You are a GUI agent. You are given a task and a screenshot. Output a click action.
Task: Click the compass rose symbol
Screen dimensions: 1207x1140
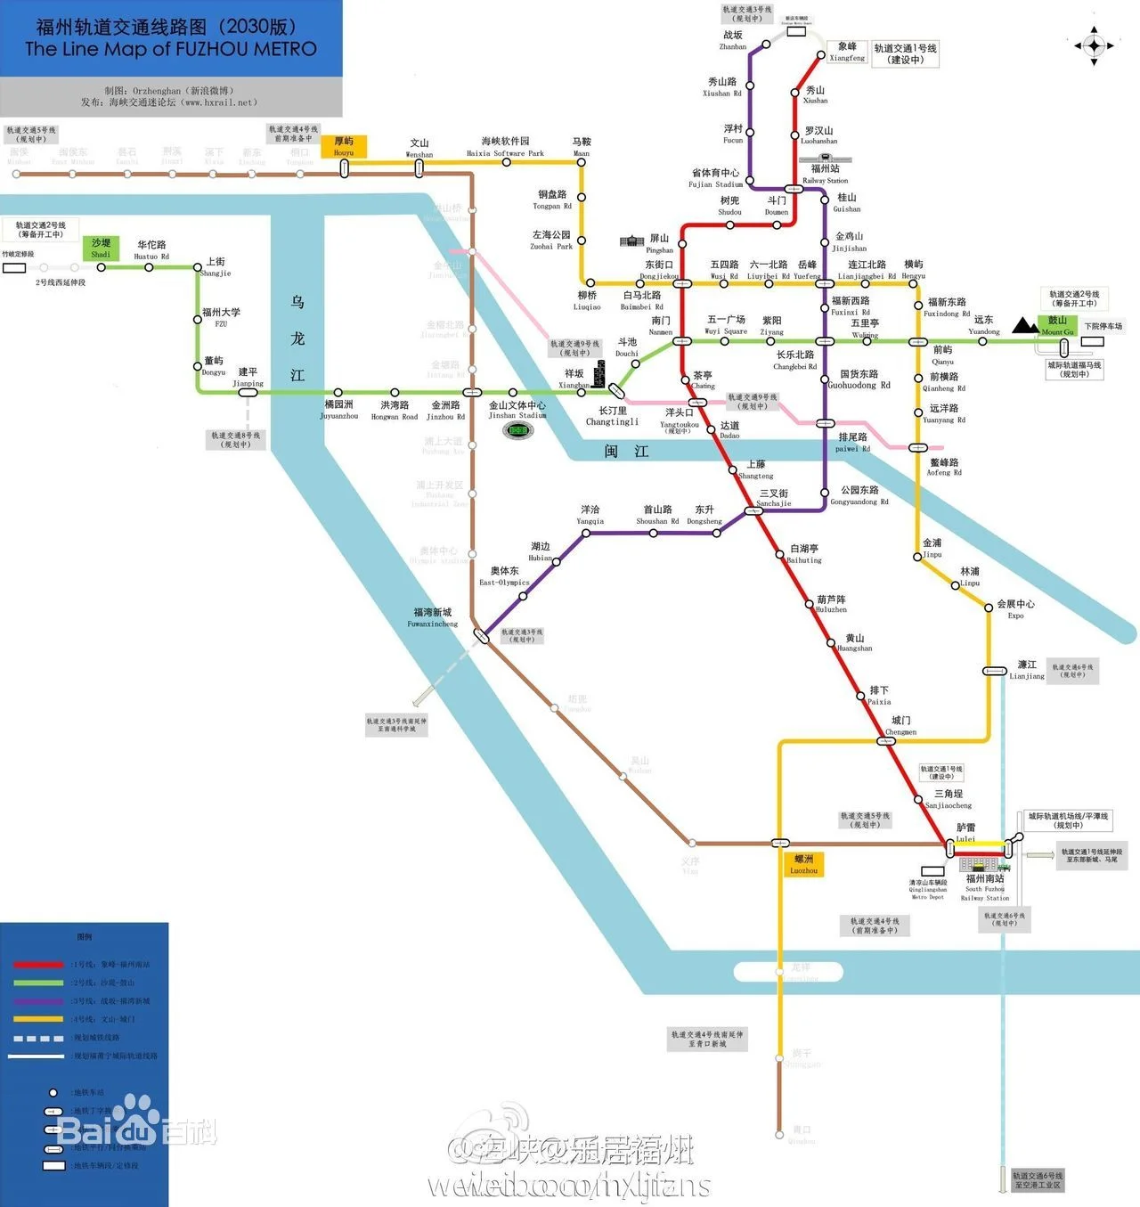point(1095,45)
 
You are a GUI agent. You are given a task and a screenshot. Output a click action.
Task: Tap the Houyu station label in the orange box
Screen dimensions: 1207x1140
point(344,146)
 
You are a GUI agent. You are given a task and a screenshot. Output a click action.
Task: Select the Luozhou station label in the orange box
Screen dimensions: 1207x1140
point(803,864)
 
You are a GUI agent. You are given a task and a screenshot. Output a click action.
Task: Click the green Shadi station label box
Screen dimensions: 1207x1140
point(101,248)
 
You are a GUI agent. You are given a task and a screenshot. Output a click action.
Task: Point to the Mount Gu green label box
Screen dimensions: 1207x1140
point(1057,325)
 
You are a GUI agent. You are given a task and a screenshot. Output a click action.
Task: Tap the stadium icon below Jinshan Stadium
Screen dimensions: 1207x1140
point(517,430)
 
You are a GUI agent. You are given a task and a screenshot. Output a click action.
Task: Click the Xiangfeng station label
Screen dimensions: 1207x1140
point(847,52)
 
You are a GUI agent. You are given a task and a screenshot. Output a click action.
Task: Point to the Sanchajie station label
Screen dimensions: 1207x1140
point(774,497)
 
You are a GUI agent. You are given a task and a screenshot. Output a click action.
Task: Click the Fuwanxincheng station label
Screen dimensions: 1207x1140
point(433,617)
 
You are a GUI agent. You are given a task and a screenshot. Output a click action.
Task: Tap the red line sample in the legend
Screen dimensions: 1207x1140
point(38,964)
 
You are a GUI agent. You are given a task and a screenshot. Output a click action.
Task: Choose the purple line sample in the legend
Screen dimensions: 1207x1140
point(38,1000)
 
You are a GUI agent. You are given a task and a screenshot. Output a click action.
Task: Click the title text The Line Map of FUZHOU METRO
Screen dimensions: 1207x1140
point(171,49)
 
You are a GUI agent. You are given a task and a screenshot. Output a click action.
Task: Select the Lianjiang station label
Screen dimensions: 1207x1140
point(1027,670)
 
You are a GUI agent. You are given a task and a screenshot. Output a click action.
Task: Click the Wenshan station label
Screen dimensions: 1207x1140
point(419,148)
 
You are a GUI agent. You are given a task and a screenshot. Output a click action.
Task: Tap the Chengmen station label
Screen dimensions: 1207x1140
point(901,725)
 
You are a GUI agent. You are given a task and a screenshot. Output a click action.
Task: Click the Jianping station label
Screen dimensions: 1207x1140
point(248,377)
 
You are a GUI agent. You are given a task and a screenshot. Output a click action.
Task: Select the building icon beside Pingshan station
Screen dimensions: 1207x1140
point(631,241)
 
